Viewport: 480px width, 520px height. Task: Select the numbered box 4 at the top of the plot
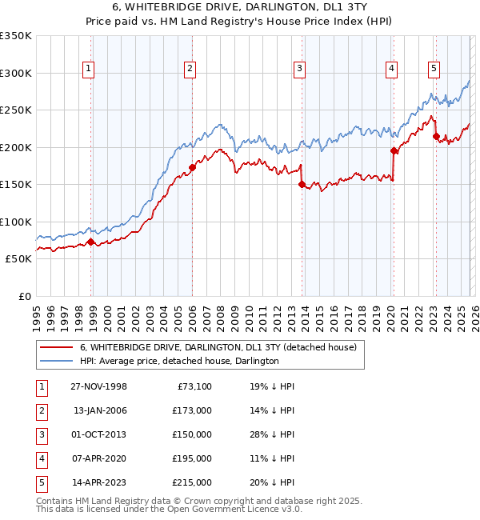tap(391, 70)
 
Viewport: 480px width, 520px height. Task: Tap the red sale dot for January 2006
tap(192, 167)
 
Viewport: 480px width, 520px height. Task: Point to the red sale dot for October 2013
tap(302, 184)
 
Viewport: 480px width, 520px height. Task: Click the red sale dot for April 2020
tap(394, 150)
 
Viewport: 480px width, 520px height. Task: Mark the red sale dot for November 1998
tap(91, 241)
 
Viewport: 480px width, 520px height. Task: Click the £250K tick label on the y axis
tap(16, 110)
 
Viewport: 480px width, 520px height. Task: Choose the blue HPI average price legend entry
tap(178, 361)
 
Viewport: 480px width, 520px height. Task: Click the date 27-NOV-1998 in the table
tap(98, 386)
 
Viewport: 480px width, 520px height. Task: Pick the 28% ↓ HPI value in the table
tap(272, 434)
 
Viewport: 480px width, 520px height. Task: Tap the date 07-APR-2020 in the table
tap(98, 458)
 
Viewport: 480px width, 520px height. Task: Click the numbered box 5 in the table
tap(39, 482)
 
